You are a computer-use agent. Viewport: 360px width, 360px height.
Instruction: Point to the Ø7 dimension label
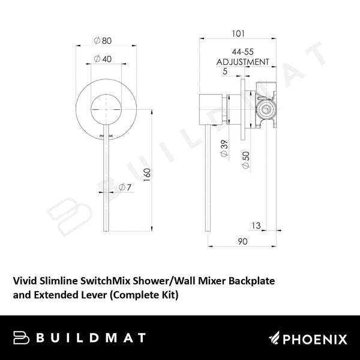(124, 187)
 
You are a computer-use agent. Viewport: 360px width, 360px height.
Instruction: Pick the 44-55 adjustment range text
(242, 53)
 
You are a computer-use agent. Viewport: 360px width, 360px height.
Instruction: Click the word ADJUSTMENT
(242, 62)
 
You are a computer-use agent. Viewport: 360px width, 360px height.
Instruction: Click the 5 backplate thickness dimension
(224, 72)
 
